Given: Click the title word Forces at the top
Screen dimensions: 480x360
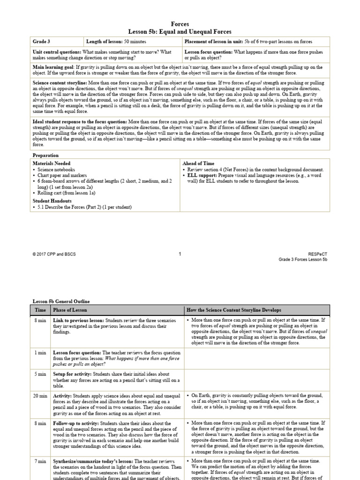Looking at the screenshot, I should pyautogui.click(x=180, y=24).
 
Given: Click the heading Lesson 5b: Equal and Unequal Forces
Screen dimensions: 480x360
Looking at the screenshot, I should pyautogui.click(x=180, y=31).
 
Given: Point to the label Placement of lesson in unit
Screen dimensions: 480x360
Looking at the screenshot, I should pyautogui.click(x=214, y=42).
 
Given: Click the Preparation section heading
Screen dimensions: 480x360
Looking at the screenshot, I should pyautogui.click(x=45, y=155).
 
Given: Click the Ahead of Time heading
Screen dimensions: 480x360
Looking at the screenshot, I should pyautogui.click(x=198, y=163).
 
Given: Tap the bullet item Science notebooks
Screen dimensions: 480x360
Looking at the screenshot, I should pyautogui.click(x=55, y=169).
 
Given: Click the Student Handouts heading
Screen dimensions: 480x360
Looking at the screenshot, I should pyautogui.click(x=52, y=201).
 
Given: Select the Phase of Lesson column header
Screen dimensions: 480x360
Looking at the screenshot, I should pyautogui.click(x=70, y=310).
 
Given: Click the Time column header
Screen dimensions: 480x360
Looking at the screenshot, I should pyautogui.click(x=40, y=310).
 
